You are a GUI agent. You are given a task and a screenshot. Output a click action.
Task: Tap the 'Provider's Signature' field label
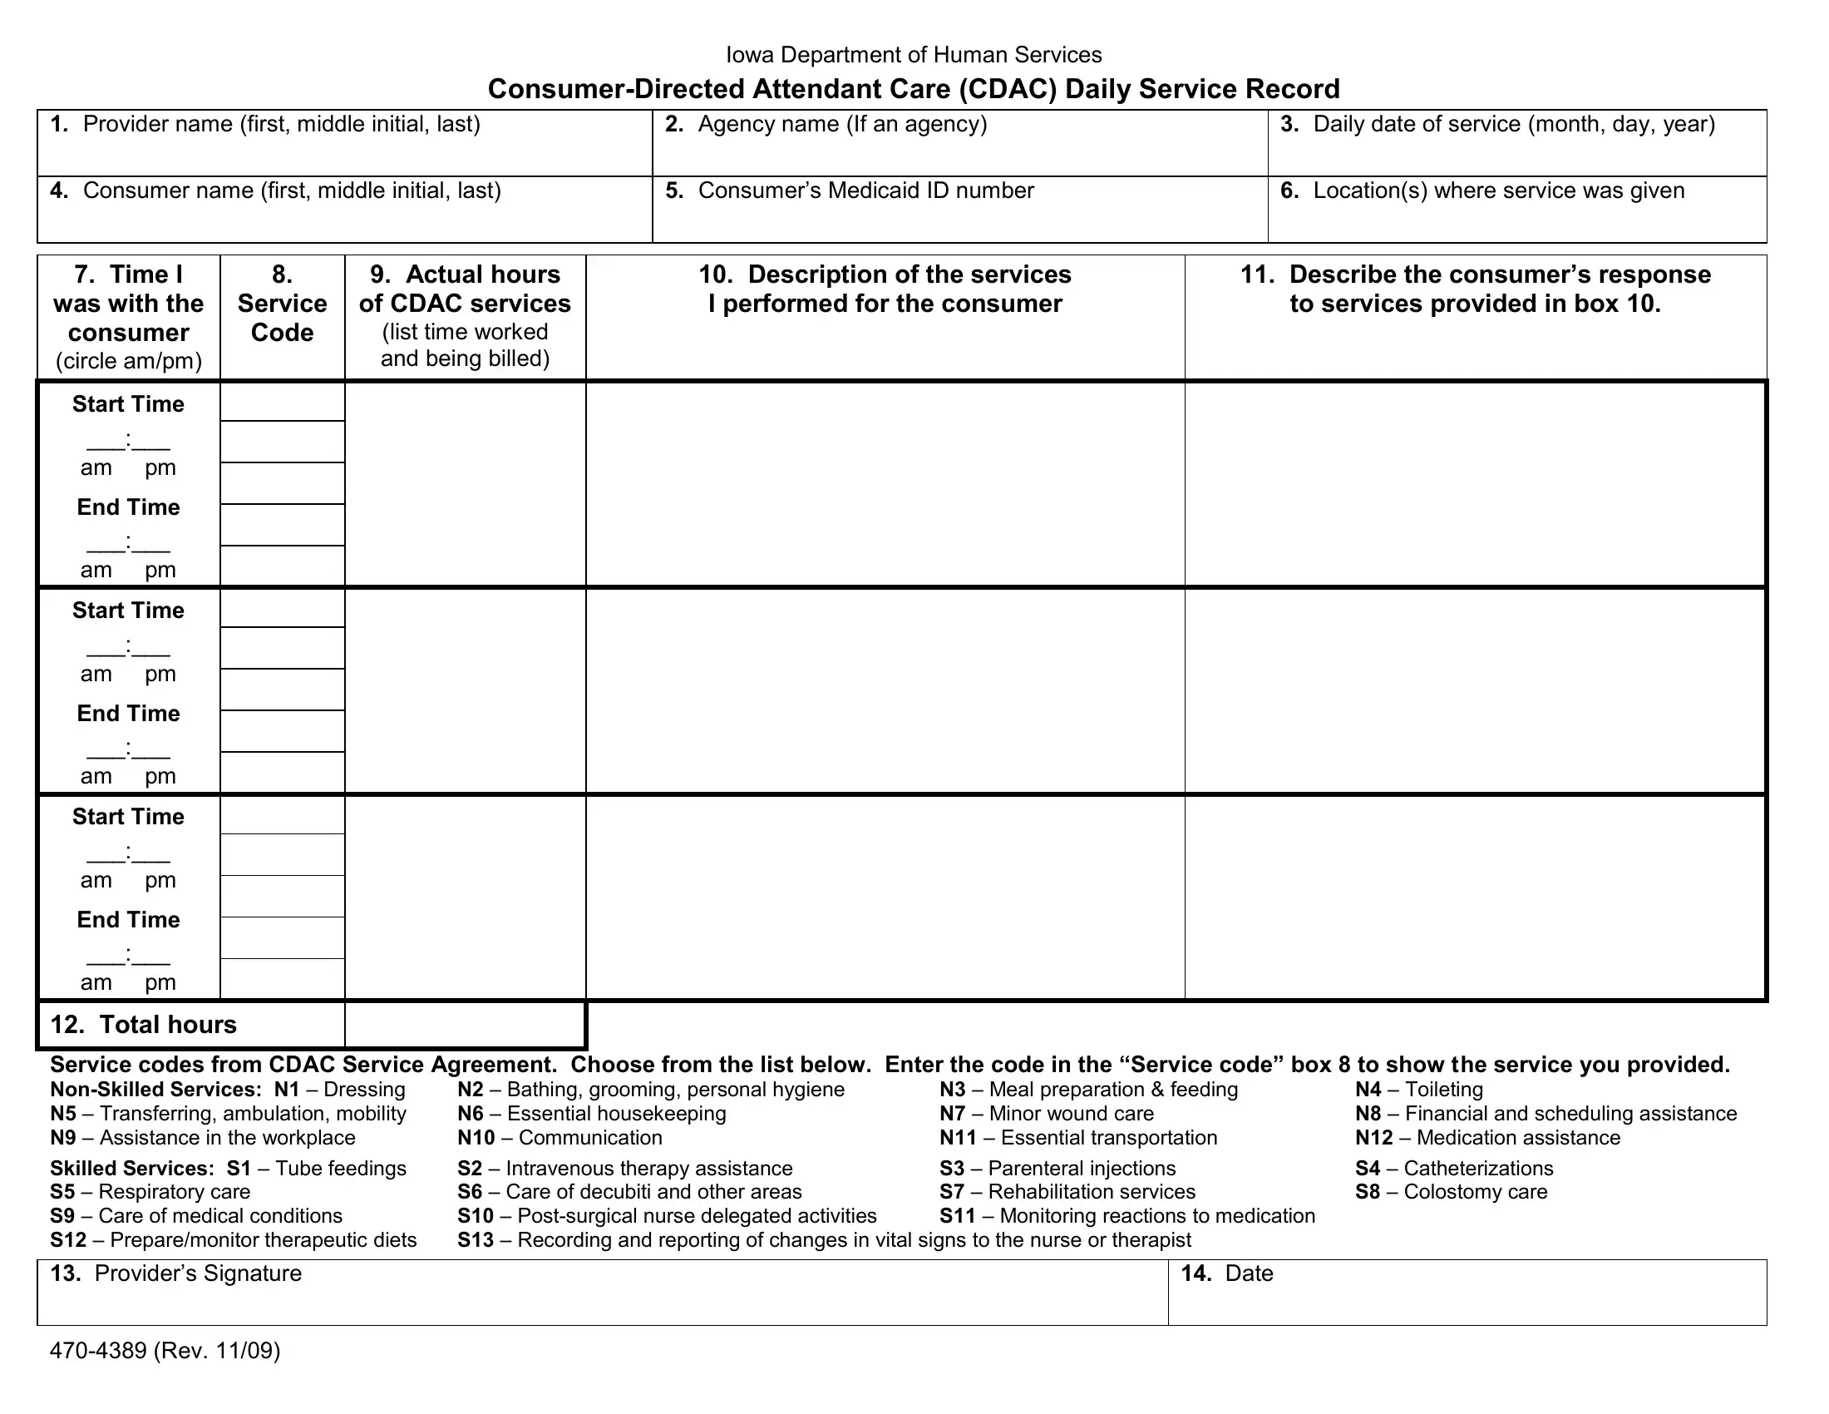pos(198,1274)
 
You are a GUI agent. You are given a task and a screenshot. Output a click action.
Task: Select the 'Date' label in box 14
pos(1248,1274)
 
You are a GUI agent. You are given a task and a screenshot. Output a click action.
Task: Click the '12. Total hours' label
pos(143,1025)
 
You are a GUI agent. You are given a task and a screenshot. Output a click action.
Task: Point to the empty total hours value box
pos(465,1025)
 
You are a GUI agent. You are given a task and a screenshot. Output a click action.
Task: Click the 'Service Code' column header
pos(282,304)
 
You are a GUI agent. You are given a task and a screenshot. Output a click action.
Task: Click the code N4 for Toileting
pos(1368,1090)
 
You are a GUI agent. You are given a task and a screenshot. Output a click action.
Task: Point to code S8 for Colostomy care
pos(1368,1192)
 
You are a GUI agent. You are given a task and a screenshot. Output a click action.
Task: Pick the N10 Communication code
pos(476,1138)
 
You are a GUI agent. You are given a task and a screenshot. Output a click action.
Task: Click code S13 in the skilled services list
pos(476,1240)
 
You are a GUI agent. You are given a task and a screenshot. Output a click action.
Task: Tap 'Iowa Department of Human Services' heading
pos(914,55)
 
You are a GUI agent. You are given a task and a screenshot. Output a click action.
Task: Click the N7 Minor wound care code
pos(952,1114)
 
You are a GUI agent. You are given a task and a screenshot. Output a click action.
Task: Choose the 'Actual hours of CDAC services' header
pos(465,289)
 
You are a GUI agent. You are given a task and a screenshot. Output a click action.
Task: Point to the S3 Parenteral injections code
pos(951,1169)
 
